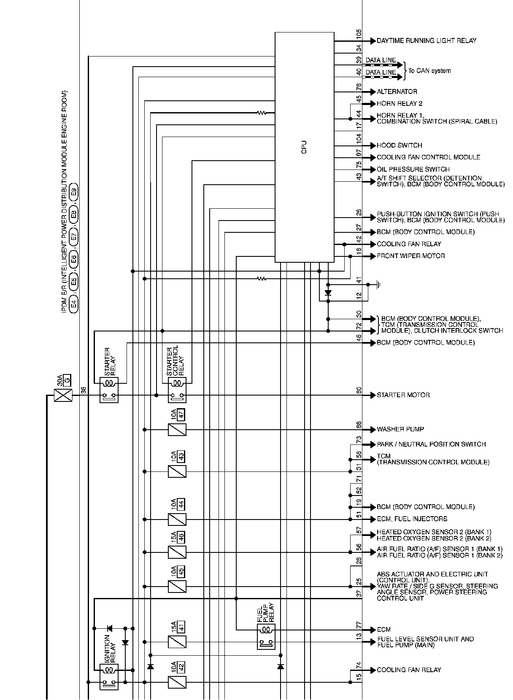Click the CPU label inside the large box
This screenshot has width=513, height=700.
pyautogui.click(x=304, y=147)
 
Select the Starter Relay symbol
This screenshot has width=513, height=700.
pyautogui.click(x=109, y=390)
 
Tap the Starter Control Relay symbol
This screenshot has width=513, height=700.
pyautogui.click(x=177, y=390)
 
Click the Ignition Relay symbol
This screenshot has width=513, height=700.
pyautogui.click(x=109, y=676)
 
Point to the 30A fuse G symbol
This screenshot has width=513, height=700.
pyautogui.click(x=63, y=396)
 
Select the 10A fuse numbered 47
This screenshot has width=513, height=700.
pyautogui.click(x=177, y=430)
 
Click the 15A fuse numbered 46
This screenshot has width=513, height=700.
pyautogui.click(x=177, y=552)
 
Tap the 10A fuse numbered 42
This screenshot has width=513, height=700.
pyautogui.click(x=177, y=682)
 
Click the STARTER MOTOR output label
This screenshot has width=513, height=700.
pyautogui.click(x=403, y=395)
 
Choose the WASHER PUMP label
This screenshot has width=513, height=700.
pyautogui.click(x=400, y=429)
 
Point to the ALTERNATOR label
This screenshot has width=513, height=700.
pyautogui.click(x=397, y=92)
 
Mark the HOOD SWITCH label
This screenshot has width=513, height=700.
pyautogui.click(x=400, y=145)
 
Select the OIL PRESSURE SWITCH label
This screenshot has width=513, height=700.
pyautogui.click(x=413, y=170)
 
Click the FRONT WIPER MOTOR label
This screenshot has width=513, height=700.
pyautogui.click(x=411, y=256)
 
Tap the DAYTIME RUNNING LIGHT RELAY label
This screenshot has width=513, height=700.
pyautogui.click(x=427, y=41)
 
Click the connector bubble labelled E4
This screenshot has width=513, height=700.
pyautogui.click(x=73, y=303)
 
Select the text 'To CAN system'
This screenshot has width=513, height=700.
pyautogui.click(x=429, y=71)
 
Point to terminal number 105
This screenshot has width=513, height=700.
pyautogui.click(x=359, y=35)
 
